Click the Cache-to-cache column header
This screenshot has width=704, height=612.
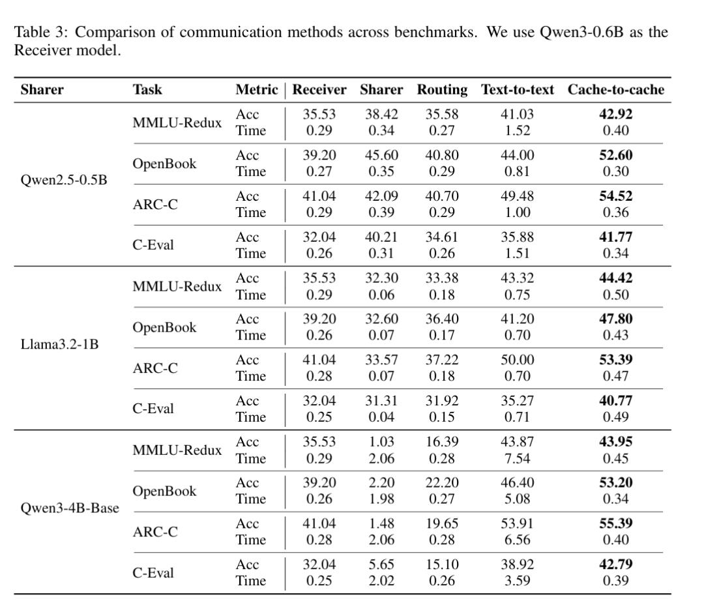pyautogui.click(x=615, y=90)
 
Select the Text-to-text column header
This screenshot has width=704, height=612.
pyautogui.click(x=518, y=90)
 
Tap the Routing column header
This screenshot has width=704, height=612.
pyautogui.click(x=442, y=90)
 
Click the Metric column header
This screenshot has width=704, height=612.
pyautogui.click(x=256, y=90)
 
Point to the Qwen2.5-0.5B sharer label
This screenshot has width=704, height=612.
pyautogui.click(x=64, y=180)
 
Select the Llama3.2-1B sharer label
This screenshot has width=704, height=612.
pyautogui.click(x=60, y=343)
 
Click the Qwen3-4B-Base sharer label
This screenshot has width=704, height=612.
pyautogui.click(x=70, y=508)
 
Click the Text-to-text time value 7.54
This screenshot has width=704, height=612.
pyautogui.click(x=517, y=458)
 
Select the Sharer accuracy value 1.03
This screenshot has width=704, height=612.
pyautogui.click(x=381, y=442)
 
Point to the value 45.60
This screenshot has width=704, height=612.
pyautogui.click(x=381, y=155)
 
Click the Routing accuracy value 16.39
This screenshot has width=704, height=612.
pyautogui.click(x=442, y=442)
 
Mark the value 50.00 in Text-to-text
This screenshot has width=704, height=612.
pyautogui.click(x=517, y=360)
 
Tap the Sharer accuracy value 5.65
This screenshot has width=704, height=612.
pyautogui.click(x=381, y=564)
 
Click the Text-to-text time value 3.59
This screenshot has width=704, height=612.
pyautogui.click(x=517, y=580)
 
